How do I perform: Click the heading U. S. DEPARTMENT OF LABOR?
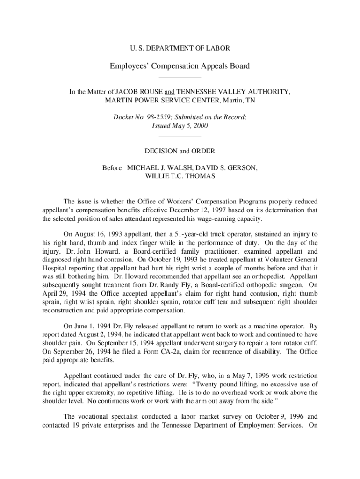click(180, 48)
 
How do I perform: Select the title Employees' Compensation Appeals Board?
click(180, 66)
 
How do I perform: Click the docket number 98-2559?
click(159, 118)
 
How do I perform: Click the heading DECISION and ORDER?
click(180, 151)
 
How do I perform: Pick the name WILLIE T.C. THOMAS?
click(180, 176)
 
